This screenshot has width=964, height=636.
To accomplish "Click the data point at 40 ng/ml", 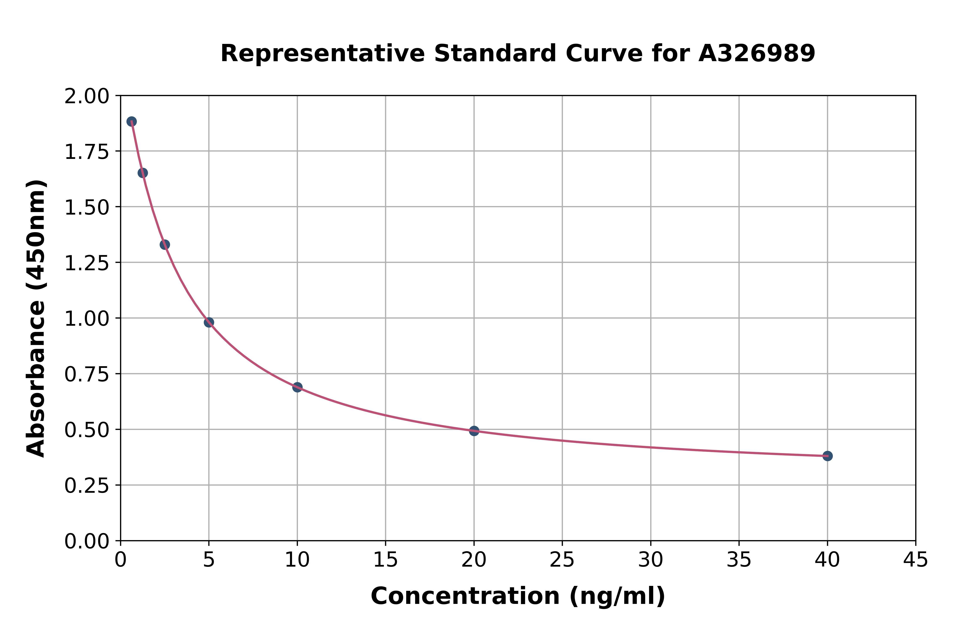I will tap(827, 456).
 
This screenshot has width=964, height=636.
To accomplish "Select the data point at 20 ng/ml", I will tap(474, 431).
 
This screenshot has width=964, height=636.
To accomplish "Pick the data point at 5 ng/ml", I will tap(209, 322).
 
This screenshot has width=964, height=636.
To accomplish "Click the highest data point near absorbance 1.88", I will tap(132, 121).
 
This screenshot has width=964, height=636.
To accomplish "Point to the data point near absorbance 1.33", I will tap(165, 244).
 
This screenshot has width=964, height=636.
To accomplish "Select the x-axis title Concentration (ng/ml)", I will tap(518, 596).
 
